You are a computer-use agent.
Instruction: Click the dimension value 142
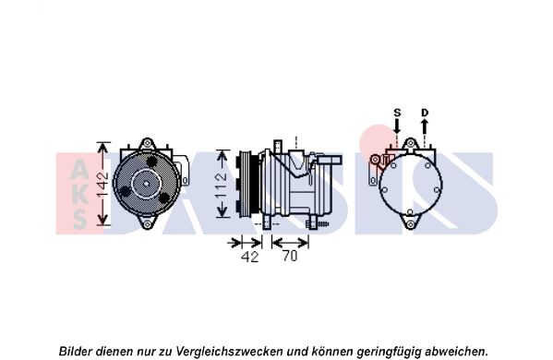102,184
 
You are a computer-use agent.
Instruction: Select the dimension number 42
249,257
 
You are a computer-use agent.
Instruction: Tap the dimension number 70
290,256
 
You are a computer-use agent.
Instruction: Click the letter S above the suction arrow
397,113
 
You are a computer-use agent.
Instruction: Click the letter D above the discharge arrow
425,113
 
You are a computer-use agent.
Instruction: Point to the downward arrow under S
397,126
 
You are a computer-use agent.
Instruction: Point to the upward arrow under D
425,126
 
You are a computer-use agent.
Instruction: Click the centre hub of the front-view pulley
147,184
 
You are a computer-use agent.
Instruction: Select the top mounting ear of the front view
147,144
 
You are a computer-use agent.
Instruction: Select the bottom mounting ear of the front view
147,222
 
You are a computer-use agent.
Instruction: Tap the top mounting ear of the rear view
410,144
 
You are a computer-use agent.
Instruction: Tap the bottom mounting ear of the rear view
410,222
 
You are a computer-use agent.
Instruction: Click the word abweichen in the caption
456,351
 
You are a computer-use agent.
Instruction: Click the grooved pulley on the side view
248,184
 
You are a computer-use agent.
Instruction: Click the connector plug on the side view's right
330,160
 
